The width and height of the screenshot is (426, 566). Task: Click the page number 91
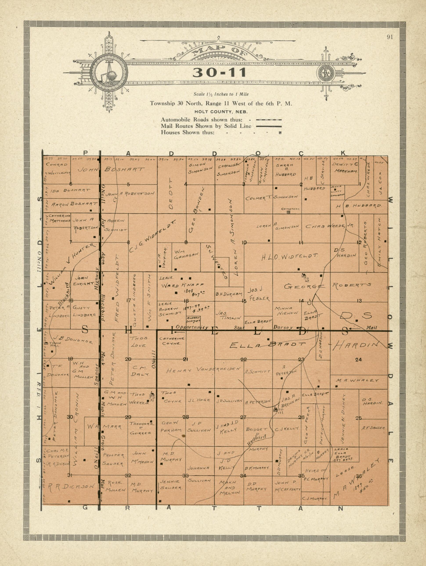[x=390, y=37]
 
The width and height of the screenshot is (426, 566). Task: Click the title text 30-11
[x=219, y=73]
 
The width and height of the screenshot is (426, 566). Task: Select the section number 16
[x=186, y=301]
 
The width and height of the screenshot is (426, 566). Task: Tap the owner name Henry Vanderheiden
[x=204, y=370]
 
